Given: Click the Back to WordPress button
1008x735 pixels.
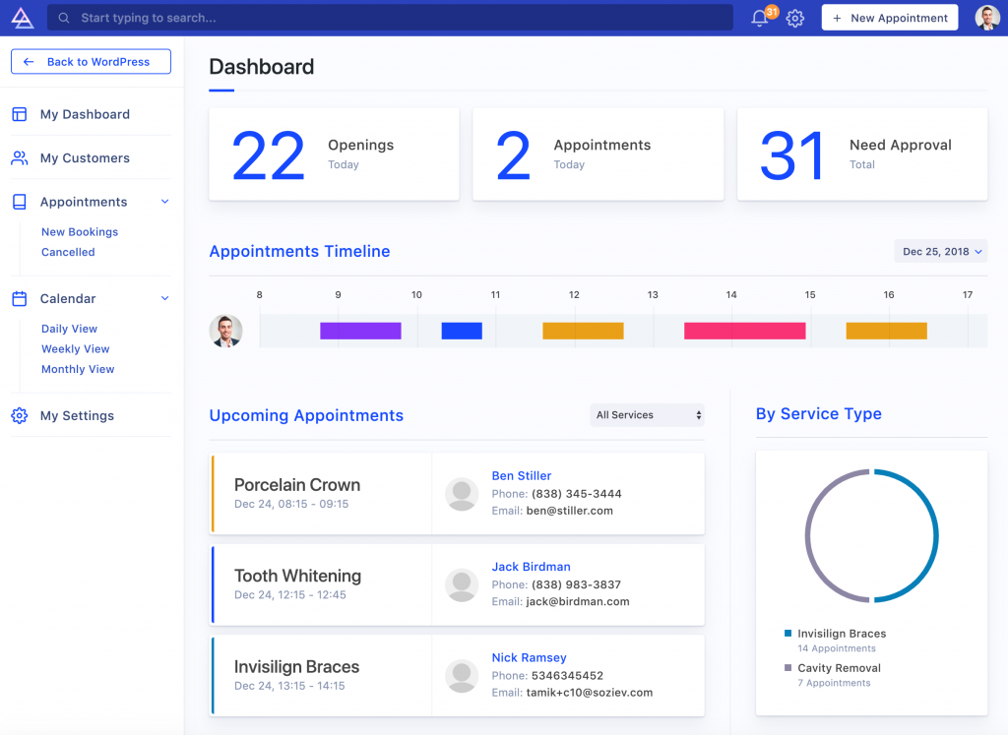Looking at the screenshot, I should (91, 62).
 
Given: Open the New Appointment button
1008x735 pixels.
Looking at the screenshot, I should (889, 18).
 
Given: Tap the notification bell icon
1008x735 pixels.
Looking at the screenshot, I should (759, 18).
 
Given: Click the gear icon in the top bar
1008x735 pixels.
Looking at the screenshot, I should (795, 18).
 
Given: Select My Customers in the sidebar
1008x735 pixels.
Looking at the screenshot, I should (85, 158).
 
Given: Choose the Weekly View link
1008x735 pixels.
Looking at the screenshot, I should (75, 349).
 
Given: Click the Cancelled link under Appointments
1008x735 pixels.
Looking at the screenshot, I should (68, 253).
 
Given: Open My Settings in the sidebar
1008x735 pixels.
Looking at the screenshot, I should (77, 416).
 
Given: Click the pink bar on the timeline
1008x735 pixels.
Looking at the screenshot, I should (744, 331).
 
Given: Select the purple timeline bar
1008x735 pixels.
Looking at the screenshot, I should (360, 331).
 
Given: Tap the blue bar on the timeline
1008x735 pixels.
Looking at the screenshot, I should (461, 331).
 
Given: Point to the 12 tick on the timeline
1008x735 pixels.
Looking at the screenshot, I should (574, 295).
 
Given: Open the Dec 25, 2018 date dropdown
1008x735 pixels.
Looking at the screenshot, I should (940, 252).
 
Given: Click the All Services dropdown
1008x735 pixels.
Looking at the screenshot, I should (647, 415).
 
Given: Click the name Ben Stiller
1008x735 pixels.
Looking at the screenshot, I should (521, 476).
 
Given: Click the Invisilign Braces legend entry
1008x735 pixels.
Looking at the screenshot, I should (841, 635).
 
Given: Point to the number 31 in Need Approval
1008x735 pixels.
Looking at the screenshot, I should (791, 155).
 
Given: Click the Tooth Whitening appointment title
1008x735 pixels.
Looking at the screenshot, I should (297, 577).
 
